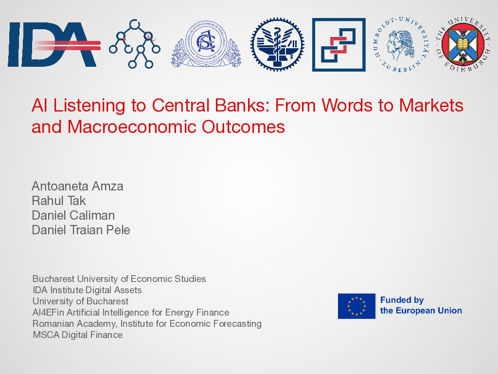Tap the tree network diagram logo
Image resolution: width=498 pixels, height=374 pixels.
(x=135, y=44)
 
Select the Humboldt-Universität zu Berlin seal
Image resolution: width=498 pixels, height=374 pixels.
(x=401, y=44)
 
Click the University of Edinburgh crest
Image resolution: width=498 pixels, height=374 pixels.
(x=462, y=44)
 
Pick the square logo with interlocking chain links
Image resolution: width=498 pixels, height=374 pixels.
(x=339, y=45)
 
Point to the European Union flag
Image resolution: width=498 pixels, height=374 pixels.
(x=356, y=306)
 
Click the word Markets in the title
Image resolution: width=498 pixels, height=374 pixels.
(x=431, y=105)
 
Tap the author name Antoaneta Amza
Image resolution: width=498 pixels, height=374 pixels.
(x=77, y=186)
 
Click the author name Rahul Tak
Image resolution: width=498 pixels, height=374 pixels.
(x=59, y=201)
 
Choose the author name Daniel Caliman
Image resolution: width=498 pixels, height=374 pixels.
(x=73, y=215)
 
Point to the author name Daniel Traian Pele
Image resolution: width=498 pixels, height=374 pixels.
(x=81, y=230)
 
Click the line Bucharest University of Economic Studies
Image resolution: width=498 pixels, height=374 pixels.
(x=119, y=279)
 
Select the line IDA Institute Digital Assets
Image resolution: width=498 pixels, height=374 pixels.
(x=87, y=290)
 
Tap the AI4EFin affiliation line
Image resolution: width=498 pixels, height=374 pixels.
(x=131, y=312)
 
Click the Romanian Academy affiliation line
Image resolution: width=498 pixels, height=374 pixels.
(x=147, y=324)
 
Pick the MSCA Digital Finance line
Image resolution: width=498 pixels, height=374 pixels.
(x=78, y=335)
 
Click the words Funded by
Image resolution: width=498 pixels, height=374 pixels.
(x=402, y=300)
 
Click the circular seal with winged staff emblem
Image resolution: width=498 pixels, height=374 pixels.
(x=277, y=44)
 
